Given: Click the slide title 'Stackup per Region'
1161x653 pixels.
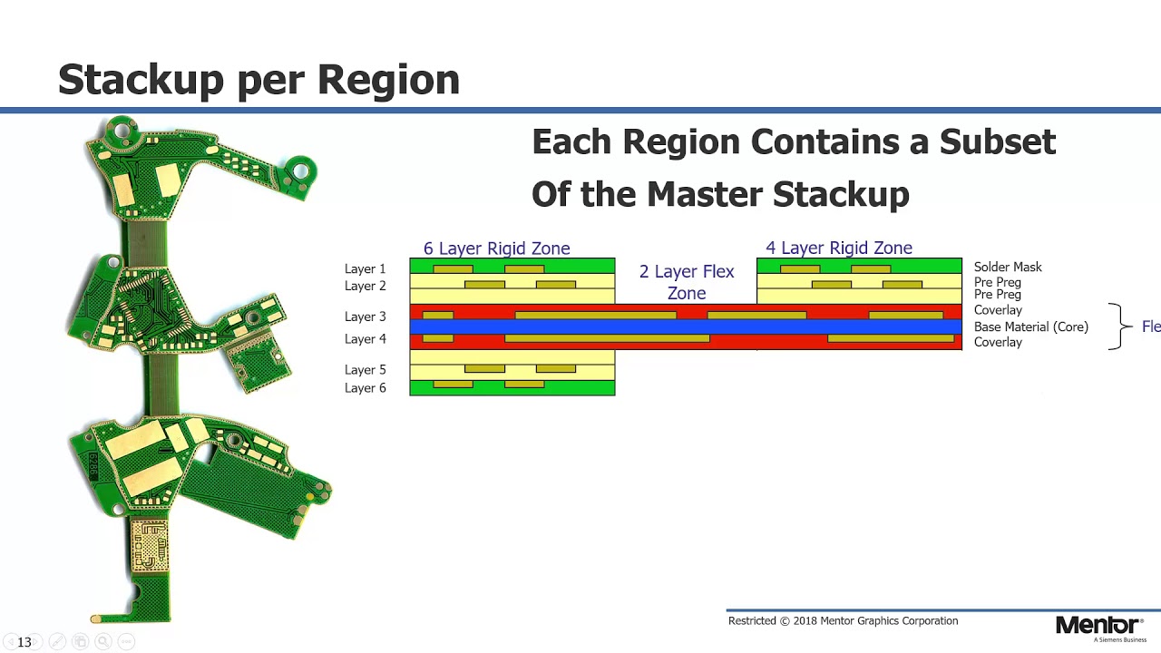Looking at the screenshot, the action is [x=259, y=81].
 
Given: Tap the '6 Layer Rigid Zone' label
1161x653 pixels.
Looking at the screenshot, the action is [x=496, y=249].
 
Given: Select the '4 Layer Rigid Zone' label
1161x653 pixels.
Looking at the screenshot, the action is [x=839, y=249].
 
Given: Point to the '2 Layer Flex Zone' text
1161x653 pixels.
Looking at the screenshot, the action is [x=687, y=282].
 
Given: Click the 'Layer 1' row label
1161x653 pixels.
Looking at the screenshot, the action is [x=365, y=269].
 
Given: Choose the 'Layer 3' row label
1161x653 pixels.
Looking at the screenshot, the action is [x=365, y=317].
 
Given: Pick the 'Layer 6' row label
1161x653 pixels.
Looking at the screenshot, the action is [x=365, y=388].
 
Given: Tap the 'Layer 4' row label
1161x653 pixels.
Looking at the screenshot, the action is [x=365, y=339].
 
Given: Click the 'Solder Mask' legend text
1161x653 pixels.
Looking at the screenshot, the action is [x=1008, y=267].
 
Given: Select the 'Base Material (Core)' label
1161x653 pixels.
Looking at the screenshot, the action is [x=1031, y=327].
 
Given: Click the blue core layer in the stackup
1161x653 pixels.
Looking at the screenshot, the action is [x=686, y=326].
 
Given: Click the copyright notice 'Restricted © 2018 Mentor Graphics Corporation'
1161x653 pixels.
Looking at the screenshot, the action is [x=843, y=621].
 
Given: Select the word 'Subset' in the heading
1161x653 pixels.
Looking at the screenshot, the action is [x=997, y=142].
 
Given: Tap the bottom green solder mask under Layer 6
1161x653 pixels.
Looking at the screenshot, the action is [x=512, y=387].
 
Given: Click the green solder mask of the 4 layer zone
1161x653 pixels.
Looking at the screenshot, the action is [x=859, y=266].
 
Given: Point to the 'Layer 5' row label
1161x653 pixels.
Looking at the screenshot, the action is [x=365, y=370].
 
